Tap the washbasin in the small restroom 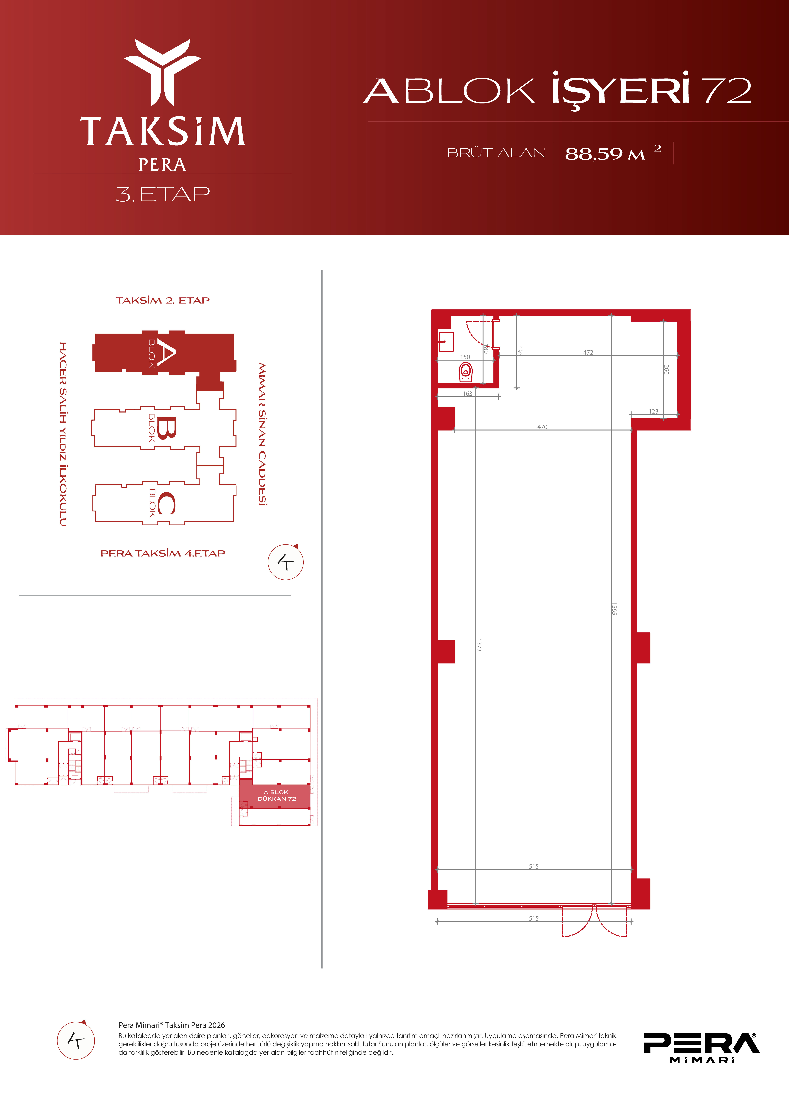point(446,342)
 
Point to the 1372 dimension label point(479,645)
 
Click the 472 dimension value point(588,352)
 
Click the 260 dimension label point(666,369)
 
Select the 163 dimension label point(467,394)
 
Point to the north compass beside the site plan point(286,562)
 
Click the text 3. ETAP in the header point(163,194)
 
